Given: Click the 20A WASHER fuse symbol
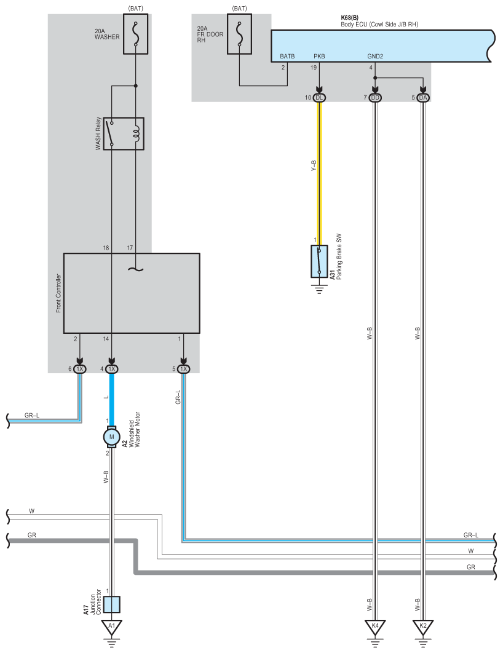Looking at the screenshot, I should point(135,35).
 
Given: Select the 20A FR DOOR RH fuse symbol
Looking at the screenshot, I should point(239,34).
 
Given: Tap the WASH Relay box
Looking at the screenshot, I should point(124,133).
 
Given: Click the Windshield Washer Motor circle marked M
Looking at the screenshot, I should point(111,437).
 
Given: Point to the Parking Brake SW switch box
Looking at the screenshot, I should point(319,261).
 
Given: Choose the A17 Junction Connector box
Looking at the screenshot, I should point(111,604).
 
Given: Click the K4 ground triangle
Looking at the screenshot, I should point(375,627).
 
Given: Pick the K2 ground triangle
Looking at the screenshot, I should point(422,627).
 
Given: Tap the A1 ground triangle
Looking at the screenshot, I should point(111,627).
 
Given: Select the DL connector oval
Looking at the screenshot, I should point(319,98).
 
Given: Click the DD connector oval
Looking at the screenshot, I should point(375,98).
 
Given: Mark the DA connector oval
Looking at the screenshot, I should point(422,98).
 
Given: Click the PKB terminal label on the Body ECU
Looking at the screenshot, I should point(319,56).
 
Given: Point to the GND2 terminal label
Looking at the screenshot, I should point(375,56).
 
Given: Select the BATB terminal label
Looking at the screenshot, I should point(287,56).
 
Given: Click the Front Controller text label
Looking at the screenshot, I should point(59,293).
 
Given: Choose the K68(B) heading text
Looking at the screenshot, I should point(351,18).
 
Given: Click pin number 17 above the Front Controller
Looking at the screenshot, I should point(130,247).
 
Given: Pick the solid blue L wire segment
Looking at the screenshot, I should point(111,397).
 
